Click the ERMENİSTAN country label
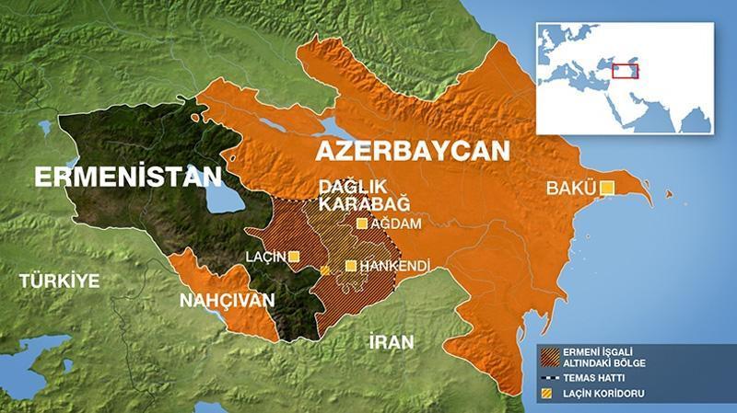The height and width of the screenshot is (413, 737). click(x=128, y=177)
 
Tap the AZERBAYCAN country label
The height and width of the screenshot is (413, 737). click(x=412, y=150)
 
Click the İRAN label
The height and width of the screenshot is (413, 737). click(x=391, y=341)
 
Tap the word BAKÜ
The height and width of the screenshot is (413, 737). click(x=571, y=189)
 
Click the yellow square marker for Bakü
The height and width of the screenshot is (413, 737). click(x=607, y=189)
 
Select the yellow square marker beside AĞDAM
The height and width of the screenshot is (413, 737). click(x=362, y=224)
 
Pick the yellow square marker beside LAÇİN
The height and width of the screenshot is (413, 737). click(x=294, y=257)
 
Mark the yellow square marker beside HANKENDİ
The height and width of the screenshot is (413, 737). click(x=350, y=266)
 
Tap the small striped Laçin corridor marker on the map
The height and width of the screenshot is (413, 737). click(x=324, y=270)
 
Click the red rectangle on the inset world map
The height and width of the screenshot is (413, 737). click(x=627, y=70)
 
